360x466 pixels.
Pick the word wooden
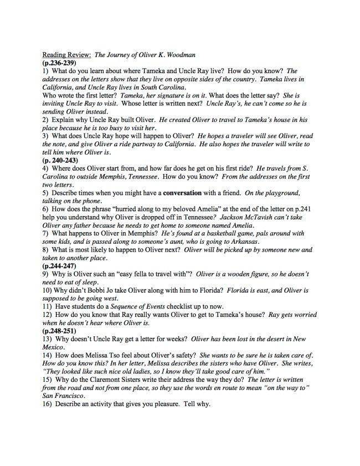tap(244, 274)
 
